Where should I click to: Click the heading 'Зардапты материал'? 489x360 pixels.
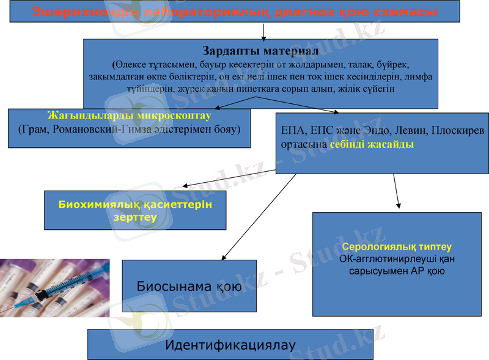coord(260,50)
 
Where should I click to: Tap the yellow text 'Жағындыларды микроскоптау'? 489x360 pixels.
coord(129,115)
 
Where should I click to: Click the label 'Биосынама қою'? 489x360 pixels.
coord(189,286)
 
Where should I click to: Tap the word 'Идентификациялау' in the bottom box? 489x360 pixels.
coord(230,345)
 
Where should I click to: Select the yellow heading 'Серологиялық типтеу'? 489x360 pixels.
coord(397,247)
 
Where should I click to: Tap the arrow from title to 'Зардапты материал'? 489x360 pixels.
coord(263,31)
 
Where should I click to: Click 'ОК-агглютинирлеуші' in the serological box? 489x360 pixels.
coord(397,259)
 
